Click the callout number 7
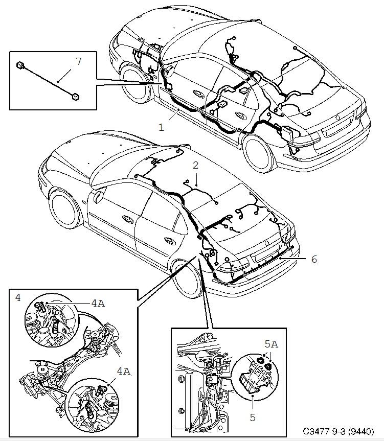[78, 62]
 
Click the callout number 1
[162, 127]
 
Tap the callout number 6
[314, 259]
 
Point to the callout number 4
[18, 296]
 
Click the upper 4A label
[98, 303]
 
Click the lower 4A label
[122, 373]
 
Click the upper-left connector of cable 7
[19, 65]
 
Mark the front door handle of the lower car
[126, 218]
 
